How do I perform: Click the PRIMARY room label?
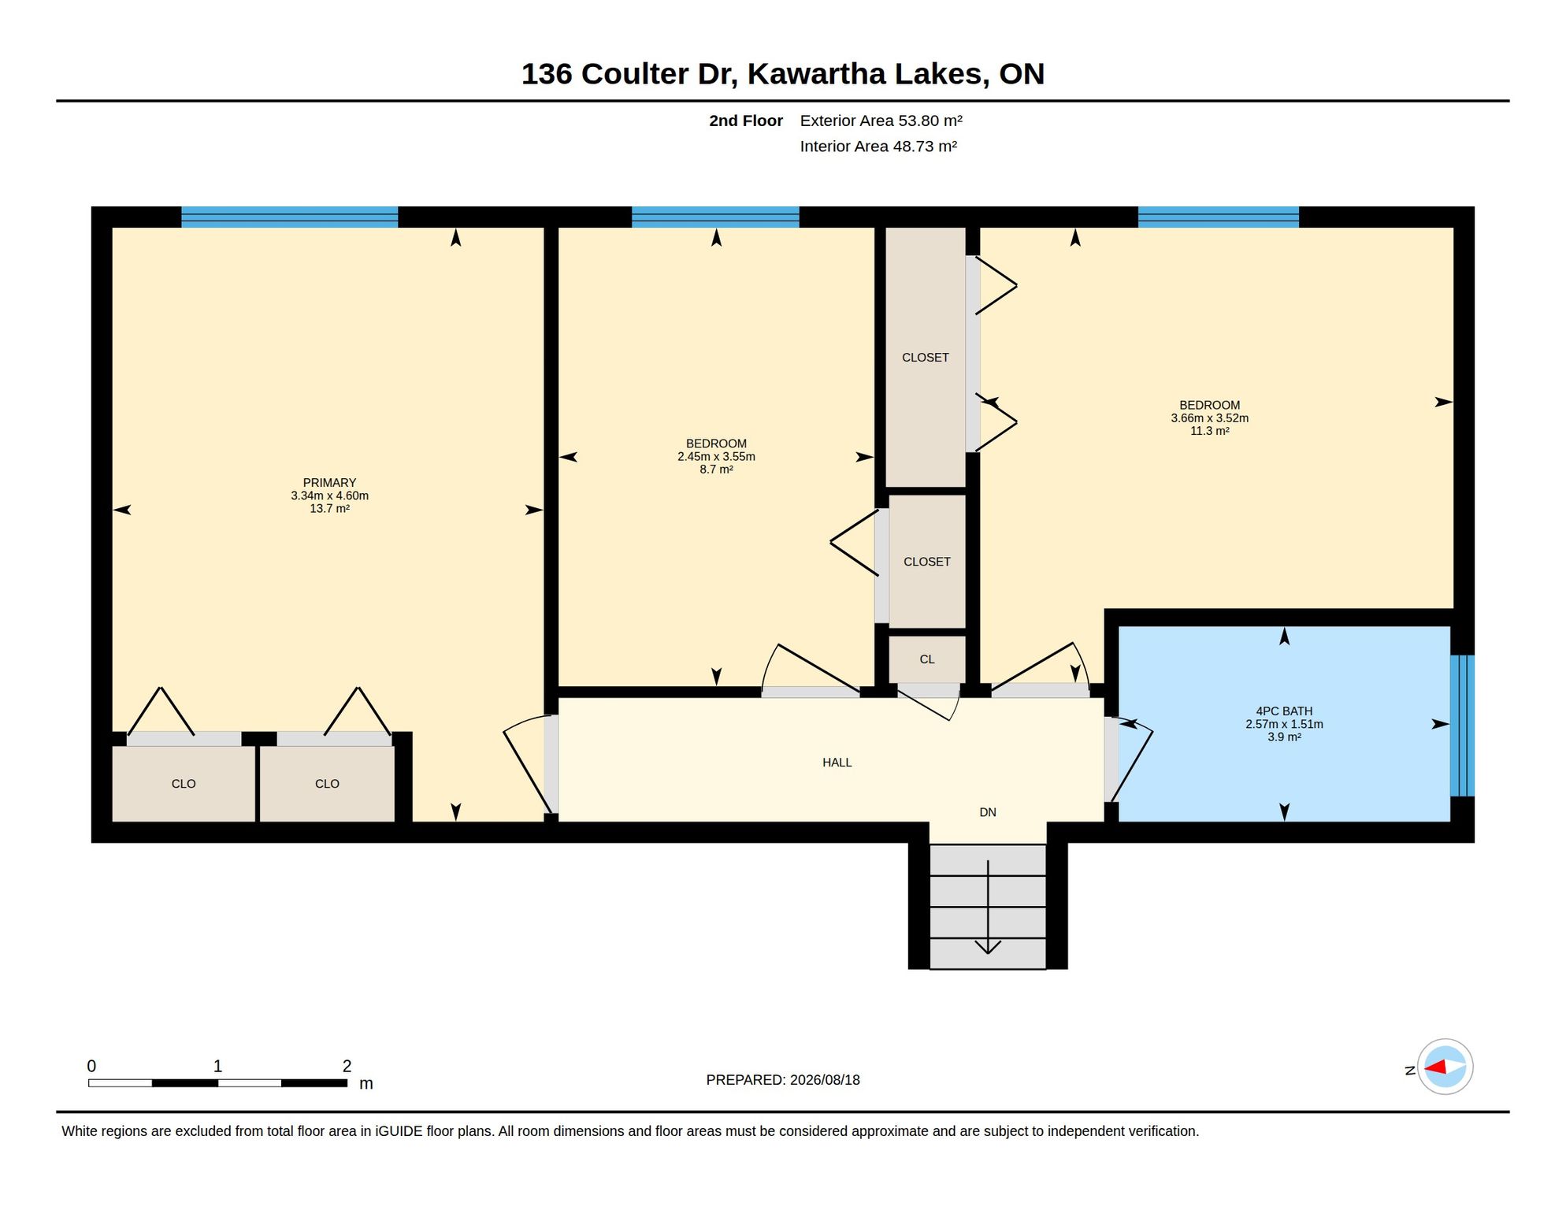[329, 483]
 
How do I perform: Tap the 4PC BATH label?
[1284, 711]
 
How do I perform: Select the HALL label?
[837, 763]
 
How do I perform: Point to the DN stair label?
[988, 812]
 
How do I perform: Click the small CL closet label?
[927, 659]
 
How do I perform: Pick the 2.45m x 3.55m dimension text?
[716, 457]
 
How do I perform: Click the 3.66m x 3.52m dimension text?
[1209, 418]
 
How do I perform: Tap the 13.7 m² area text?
[329, 509]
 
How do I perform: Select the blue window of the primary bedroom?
[289, 217]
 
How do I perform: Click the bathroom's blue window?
[1462, 726]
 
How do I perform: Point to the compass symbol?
[1445, 1067]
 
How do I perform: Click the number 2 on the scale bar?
[347, 1066]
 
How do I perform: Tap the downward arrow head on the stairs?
[988, 947]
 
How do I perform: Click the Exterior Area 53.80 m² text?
[881, 121]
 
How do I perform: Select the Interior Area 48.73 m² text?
[878, 147]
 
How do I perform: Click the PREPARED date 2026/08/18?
[825, 1080]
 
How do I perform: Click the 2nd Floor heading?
[745, 121]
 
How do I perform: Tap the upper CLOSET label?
[925, 358]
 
